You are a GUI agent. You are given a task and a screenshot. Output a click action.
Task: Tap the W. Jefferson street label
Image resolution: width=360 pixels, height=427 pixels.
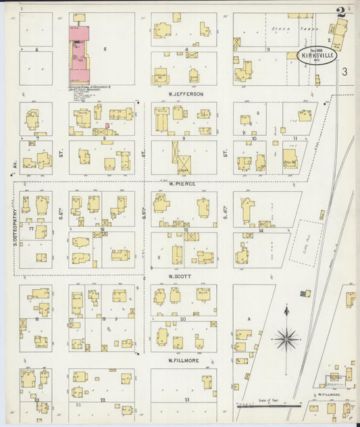coord(184,94)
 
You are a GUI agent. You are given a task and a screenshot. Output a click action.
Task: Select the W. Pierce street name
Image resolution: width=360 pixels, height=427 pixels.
coord(182,183)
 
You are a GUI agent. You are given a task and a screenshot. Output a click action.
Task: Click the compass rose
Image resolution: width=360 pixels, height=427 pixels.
coord(286,338)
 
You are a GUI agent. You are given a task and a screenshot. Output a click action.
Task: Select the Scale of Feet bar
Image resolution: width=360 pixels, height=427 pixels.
coord(267,405)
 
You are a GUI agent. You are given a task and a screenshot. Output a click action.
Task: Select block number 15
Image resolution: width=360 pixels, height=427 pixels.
coord(184,230)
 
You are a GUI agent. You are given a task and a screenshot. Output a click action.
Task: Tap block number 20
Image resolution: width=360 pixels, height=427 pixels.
coord(183,318)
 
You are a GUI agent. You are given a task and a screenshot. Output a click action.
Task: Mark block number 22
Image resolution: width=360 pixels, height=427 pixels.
coord(102,400)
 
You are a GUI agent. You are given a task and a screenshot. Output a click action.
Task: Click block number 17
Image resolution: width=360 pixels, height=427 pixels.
coord(31,229)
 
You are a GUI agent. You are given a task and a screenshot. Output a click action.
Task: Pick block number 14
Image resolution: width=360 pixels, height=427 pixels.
coord(261,230)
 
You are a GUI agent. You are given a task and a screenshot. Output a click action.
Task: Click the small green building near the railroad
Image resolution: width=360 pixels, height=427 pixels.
coord(306,293)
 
